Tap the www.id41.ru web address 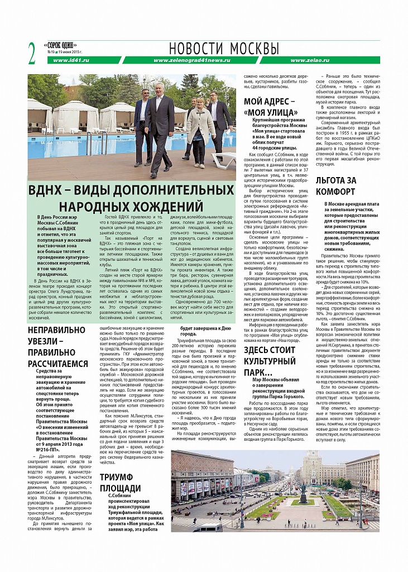click(71, 60)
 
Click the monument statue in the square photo click(303, 491)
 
